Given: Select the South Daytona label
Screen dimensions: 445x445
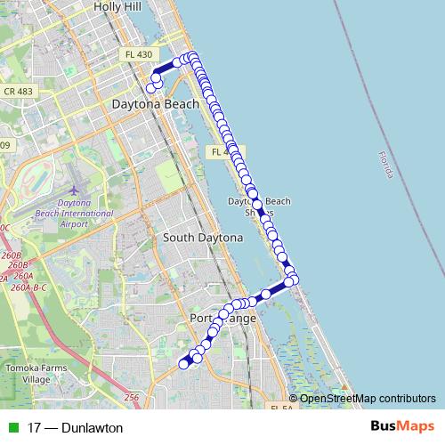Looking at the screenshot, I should [x=203, y=238].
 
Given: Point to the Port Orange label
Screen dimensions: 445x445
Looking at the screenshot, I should [x=223, y=318].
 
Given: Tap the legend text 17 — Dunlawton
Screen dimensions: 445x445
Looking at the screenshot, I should [x=75, y=428].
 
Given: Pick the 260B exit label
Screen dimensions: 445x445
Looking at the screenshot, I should [x=18, y=264].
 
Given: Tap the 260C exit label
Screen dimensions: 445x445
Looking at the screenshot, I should [x=4, y=229].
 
